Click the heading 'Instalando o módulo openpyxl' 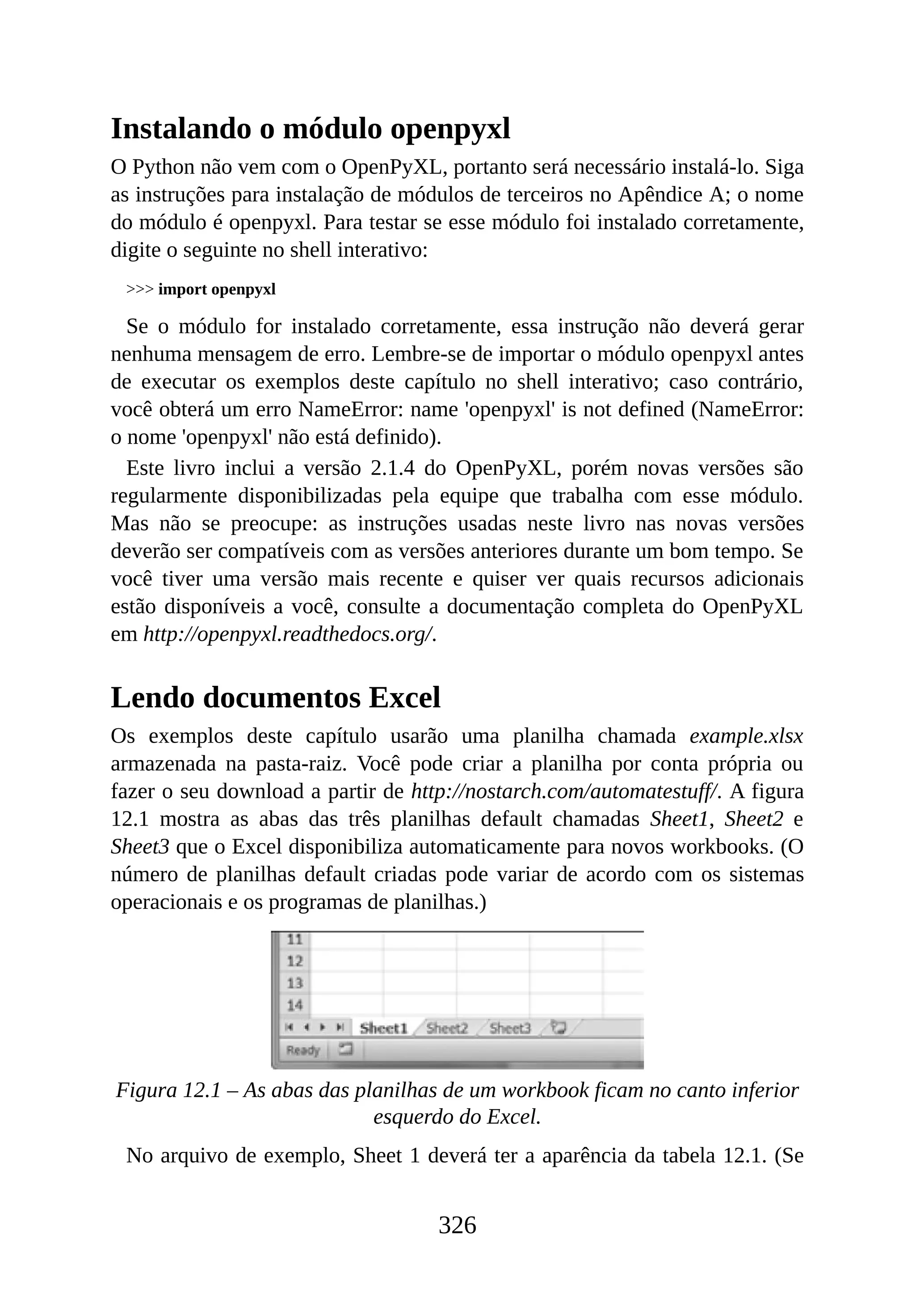[x=311, y=129]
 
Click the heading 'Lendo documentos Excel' [x=276, y=698]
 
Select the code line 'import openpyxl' [x=217, y=290]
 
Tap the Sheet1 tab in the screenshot [x=383, y=1029]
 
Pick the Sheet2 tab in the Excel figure [x=447, y=1029]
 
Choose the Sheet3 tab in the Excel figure [x=510, y=1029]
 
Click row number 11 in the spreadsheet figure [x=295, y=940]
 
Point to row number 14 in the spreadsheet [x=295, y=1005]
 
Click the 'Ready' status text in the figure [x=302, y=1050]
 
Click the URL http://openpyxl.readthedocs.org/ [x=289, y=634]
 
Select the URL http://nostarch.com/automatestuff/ [x=565, y=792]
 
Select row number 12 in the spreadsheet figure [x=295, y=961]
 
